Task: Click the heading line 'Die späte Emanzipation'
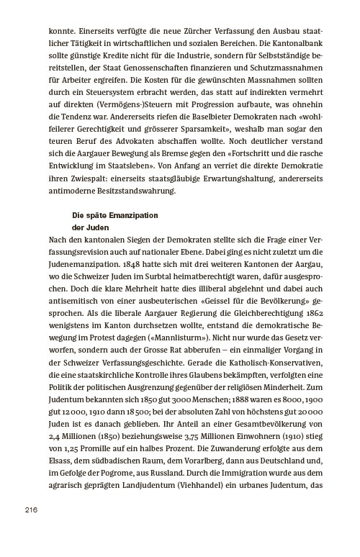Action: pyautogui.click(x=114, y=216)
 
